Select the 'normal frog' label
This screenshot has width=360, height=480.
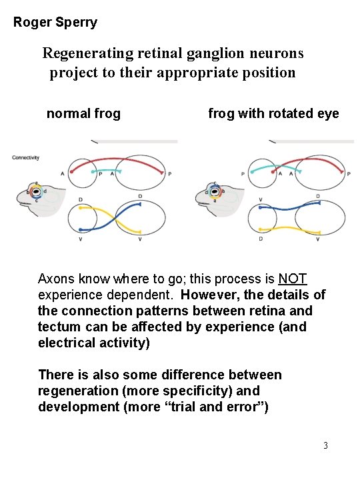(83, 114)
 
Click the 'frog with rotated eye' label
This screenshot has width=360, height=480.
(273, 114)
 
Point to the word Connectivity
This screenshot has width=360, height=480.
(25, 158)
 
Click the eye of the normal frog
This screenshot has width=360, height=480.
(36, 192)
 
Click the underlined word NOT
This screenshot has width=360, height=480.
(293, 279)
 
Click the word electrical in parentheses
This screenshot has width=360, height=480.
(67, 343)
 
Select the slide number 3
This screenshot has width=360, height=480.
(325, 445)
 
